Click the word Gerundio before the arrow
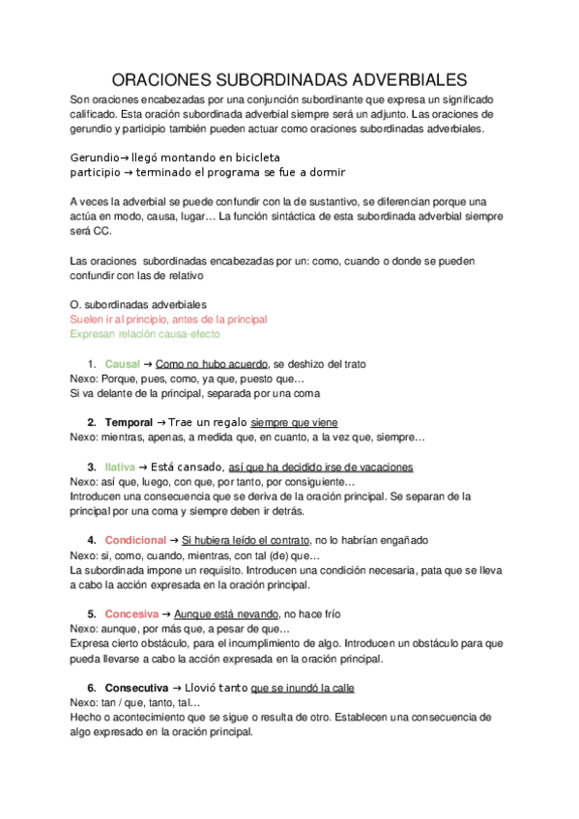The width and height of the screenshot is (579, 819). (x=94, y=156)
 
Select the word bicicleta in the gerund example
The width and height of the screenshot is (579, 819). (x=253, y=156)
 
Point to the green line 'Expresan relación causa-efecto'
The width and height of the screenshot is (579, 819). (x=145, y=334)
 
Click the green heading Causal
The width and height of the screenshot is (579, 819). (x=123, y=364)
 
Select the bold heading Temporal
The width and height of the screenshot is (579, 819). (x=129, y=423)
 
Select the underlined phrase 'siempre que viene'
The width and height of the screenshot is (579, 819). (x=294, y=423)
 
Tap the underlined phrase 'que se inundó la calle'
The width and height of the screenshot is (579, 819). (x=303, y=688)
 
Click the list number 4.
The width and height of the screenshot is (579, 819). (x=92, y=540)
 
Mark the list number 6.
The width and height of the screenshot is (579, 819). (x=92, y=688)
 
